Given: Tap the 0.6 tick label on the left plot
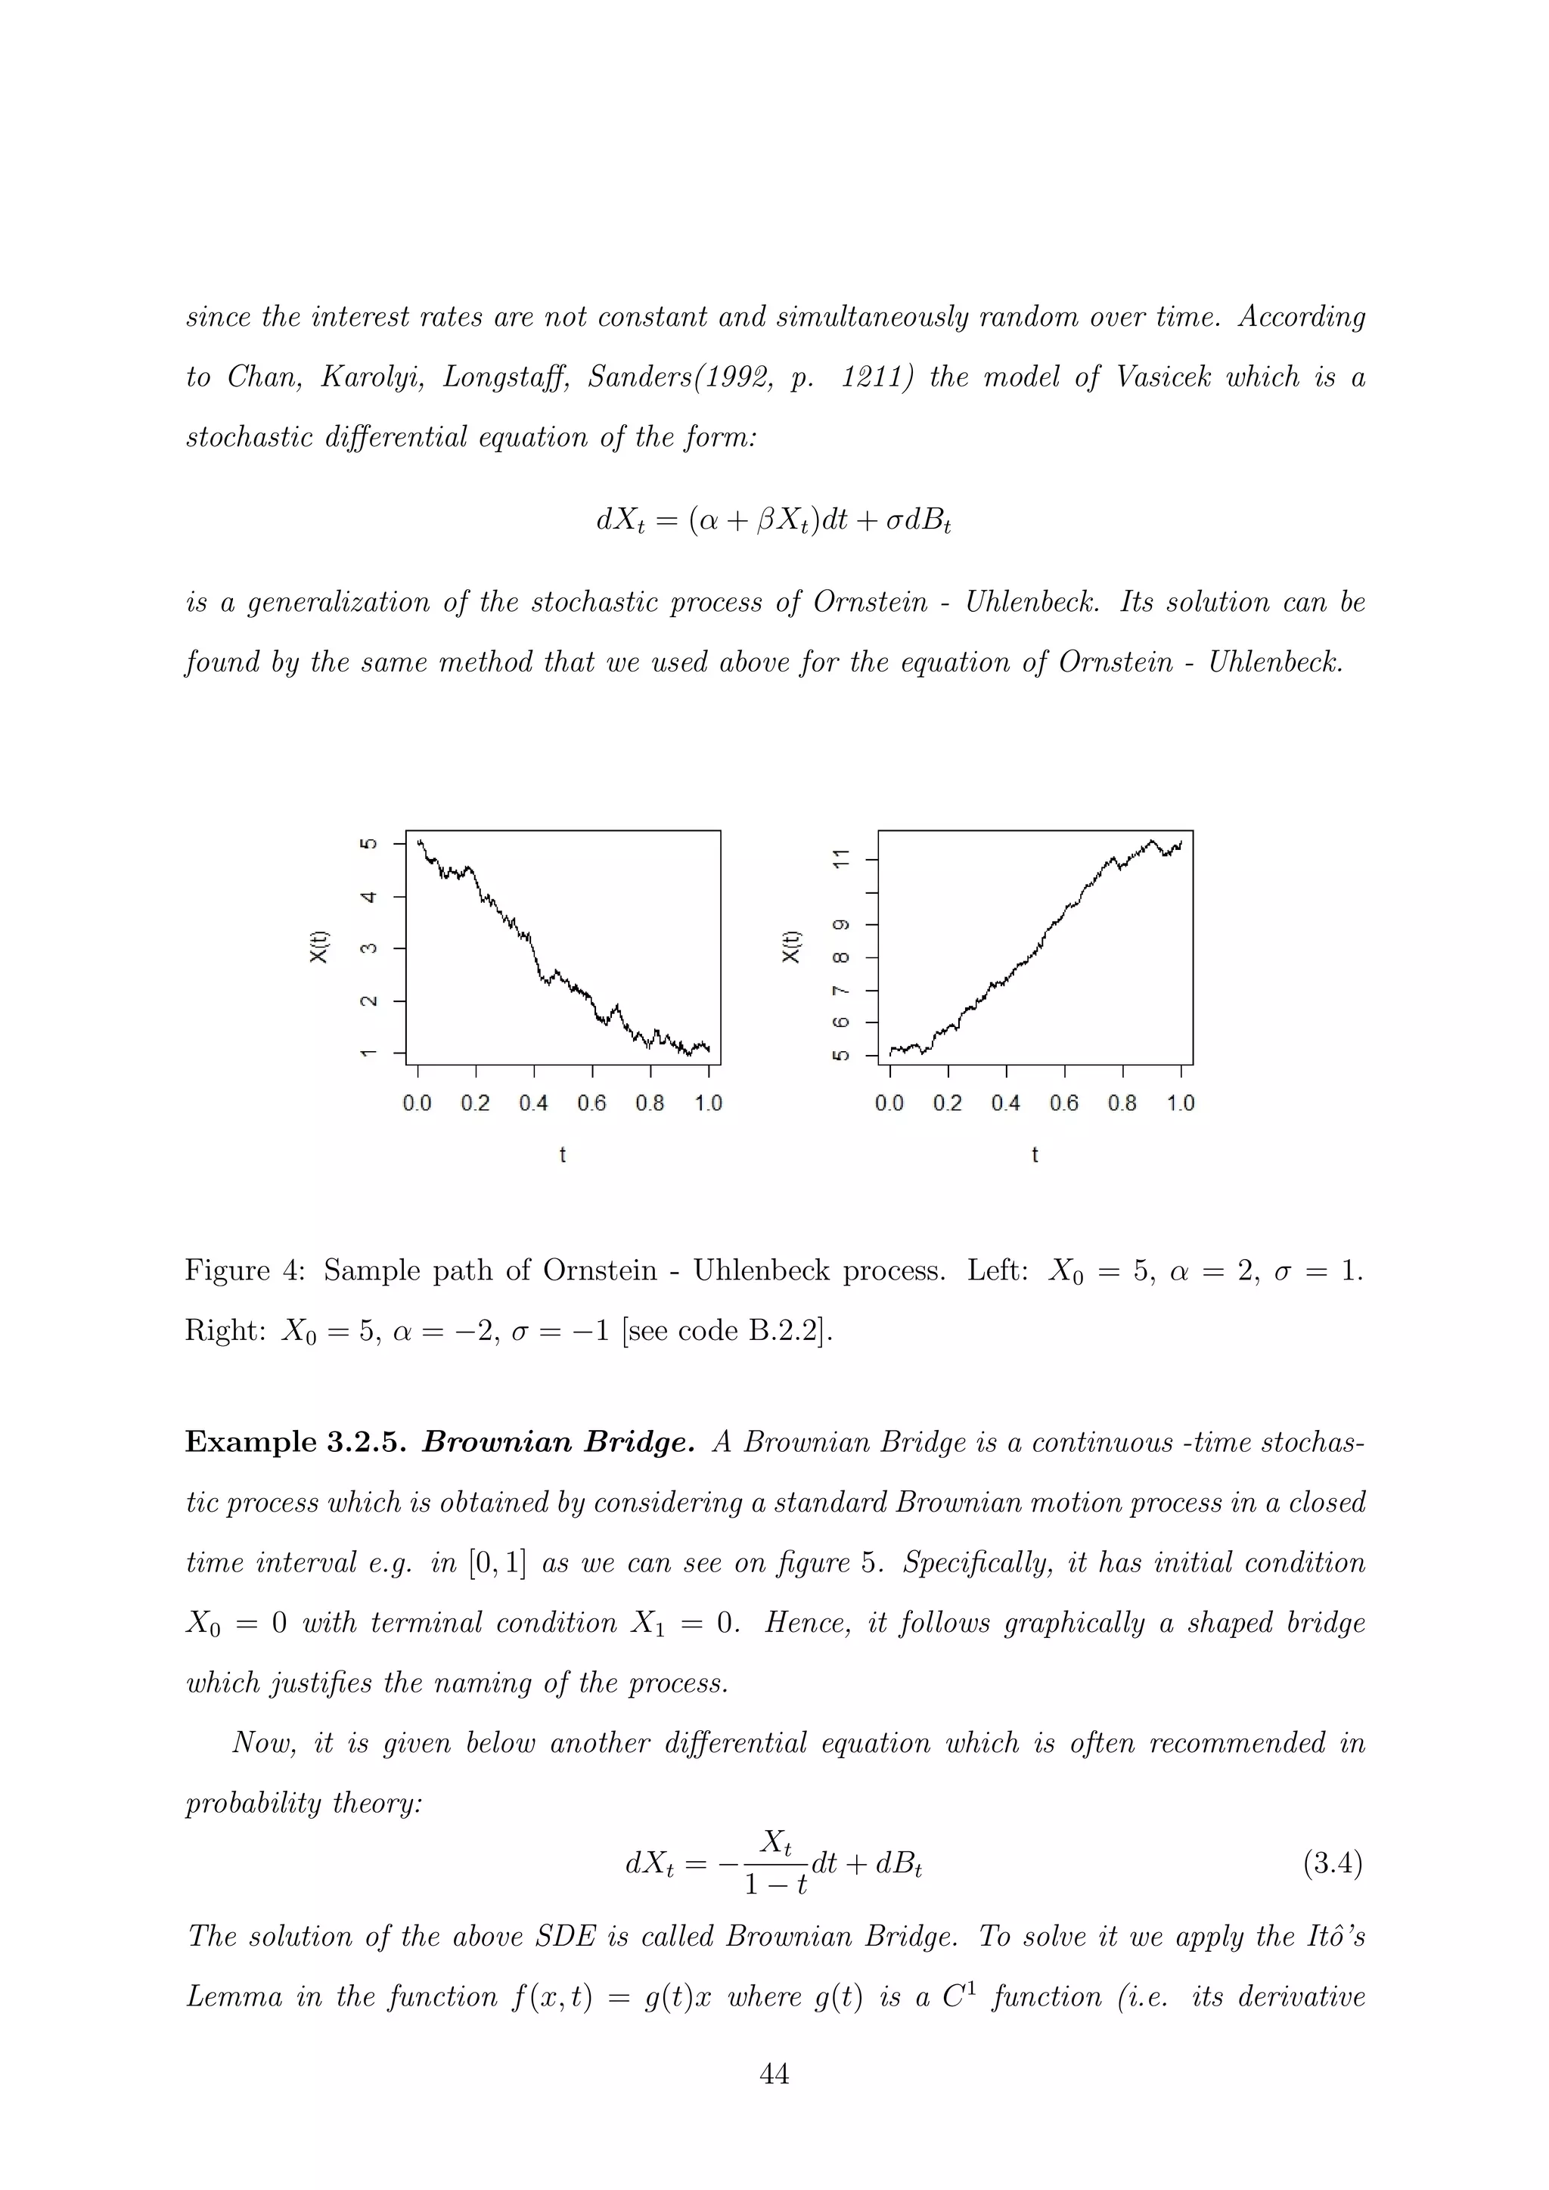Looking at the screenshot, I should tap(591, 1103).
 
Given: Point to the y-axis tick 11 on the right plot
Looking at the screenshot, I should tap(840, 858).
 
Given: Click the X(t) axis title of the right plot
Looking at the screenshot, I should tap(790, 946).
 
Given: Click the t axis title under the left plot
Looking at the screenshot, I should tap(563, 1155).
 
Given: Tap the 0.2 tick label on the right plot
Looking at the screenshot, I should tap(947, 1103).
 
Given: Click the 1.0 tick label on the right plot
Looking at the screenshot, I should tap(1180, 1103).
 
